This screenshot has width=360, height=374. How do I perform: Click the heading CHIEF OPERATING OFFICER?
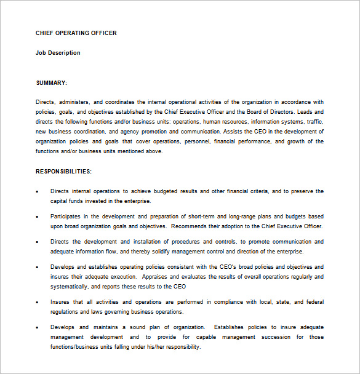76,33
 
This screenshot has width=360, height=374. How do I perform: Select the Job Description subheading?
58,53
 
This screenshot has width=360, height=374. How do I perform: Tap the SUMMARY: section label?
52,82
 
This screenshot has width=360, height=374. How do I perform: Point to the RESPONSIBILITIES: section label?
63,171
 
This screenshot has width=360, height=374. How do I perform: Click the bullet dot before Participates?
38,217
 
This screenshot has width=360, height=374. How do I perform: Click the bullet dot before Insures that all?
38,303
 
